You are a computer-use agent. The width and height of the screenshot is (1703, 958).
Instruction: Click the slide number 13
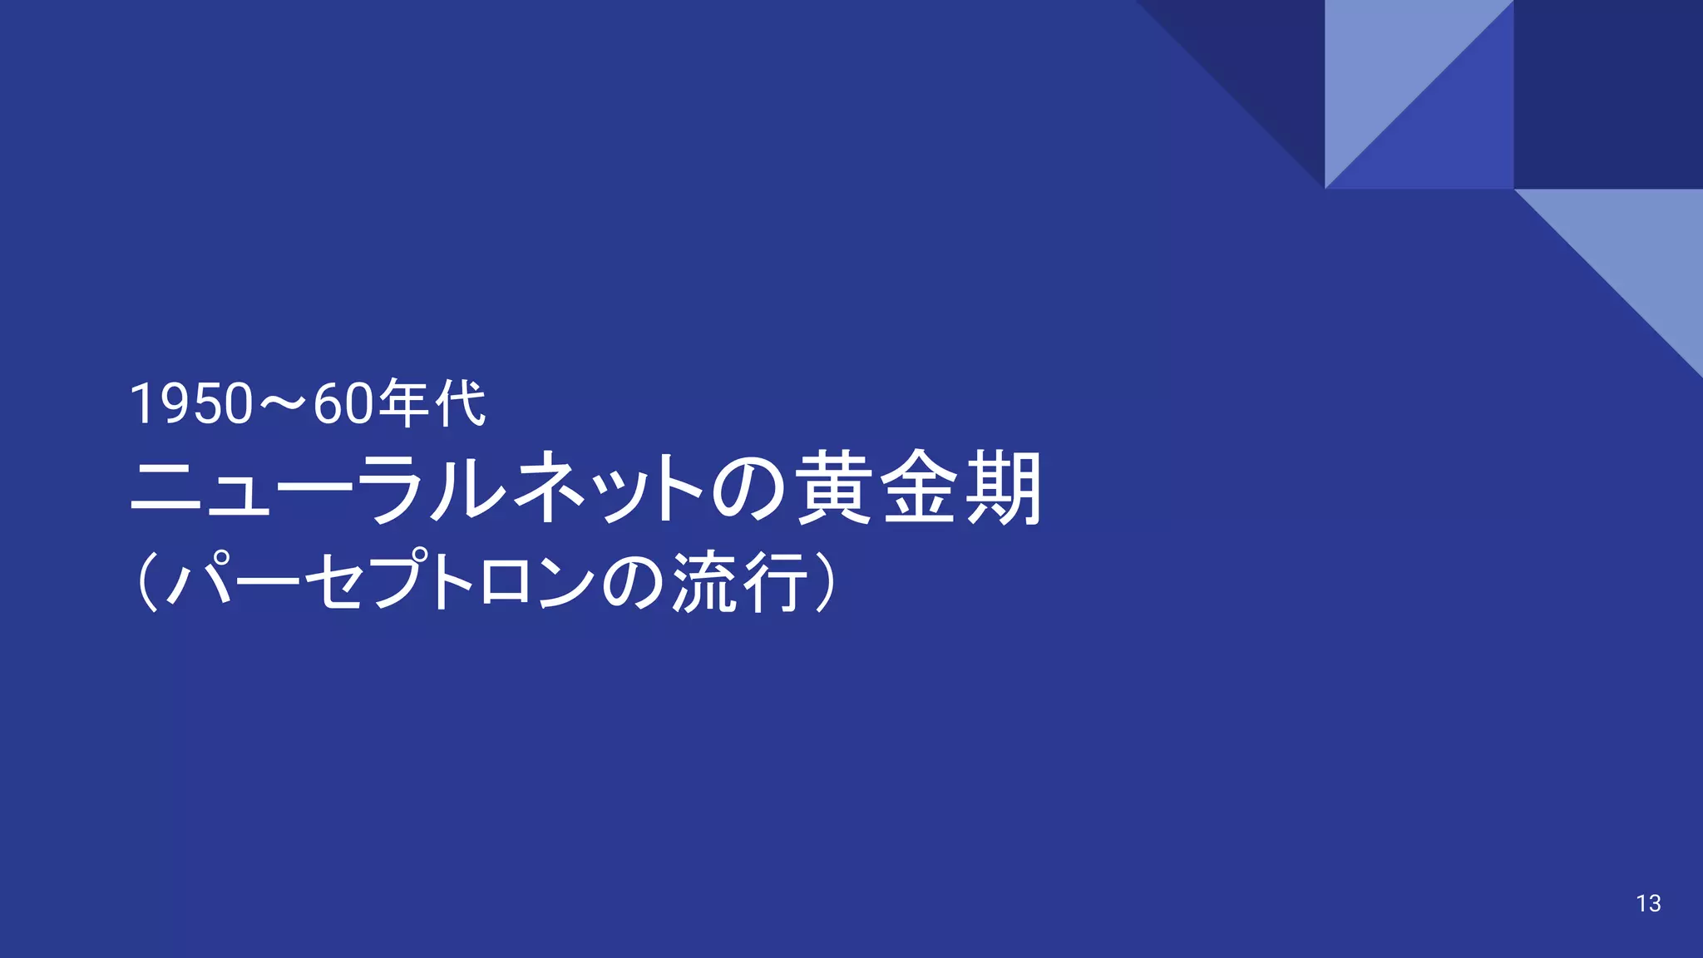click(1648, 903)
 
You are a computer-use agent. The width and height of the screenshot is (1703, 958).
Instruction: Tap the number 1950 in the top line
click(191, 404)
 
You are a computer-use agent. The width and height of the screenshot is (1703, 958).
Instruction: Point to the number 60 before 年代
click(344, 404)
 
